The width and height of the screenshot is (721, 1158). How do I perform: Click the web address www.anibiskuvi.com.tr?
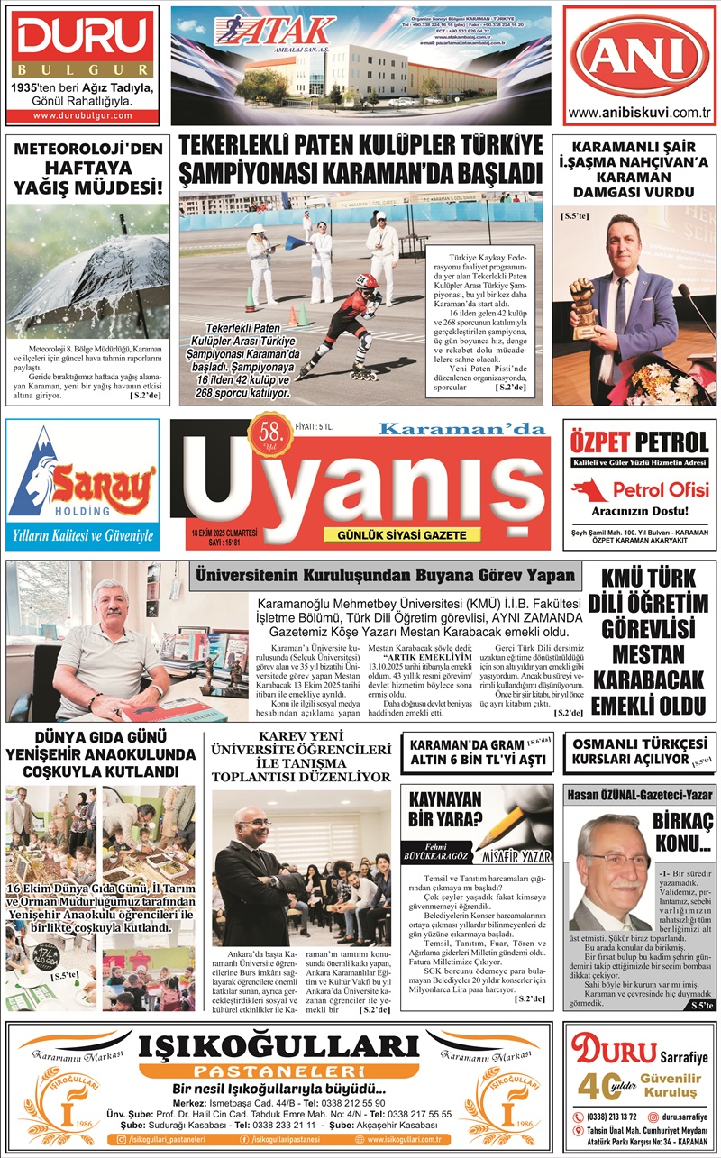pyautogui.click(x=640, y=113)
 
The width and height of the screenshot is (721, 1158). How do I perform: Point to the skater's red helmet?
pyautogui.click(x=366, y=281)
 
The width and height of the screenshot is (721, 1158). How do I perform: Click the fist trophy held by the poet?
pyautogui.click(x=585, y=301)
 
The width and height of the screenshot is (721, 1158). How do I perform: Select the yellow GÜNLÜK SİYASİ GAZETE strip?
pyautogui.click(x=401, y=535)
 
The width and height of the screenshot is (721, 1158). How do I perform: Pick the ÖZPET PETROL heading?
pyautogui.click(x=640, y=442)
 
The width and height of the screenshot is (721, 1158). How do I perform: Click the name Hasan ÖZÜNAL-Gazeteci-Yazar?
pyautogui.click(x=639, y=795)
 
